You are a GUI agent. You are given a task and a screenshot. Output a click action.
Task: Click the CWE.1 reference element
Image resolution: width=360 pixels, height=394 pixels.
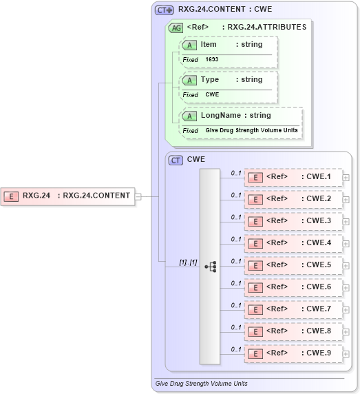pyautogui.click(x=294, y=177)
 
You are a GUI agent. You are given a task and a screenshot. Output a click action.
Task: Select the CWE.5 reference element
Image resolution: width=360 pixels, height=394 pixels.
pyautogui.click(x=294, y=265)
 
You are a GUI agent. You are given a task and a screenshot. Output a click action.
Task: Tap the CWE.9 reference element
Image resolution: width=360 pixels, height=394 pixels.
pyautogui.click(x=294, y=353)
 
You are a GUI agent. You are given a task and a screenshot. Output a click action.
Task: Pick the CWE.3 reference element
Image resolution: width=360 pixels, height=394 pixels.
pyautogui.click(x=294, y=221)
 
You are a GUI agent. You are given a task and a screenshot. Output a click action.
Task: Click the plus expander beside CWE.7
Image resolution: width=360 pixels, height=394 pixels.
pyautogui.click(x=346, y=310)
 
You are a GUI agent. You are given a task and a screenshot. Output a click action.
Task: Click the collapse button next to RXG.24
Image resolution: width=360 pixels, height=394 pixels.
pyautogui.click(x=138, y=196)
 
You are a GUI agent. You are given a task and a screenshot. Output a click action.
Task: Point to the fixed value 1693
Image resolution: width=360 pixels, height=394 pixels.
pyautogui.click(x=211, y=60)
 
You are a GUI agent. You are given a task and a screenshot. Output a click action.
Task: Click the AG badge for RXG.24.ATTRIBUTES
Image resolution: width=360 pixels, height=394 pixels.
pyautogui.click(x=176, y=28)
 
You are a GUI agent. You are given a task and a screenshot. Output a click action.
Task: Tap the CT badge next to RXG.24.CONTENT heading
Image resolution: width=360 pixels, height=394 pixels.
pyautogui.click(x=164, y=10)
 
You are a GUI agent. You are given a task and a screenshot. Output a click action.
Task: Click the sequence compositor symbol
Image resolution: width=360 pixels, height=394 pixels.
pyautogui.click(x=211, y=265)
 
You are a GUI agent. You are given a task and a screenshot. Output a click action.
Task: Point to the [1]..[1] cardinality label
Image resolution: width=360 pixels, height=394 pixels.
pyautogui.click(x=188, y=262)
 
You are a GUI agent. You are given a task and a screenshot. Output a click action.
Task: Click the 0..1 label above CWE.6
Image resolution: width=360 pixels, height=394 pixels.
pyautogui.click(x=236, y=283)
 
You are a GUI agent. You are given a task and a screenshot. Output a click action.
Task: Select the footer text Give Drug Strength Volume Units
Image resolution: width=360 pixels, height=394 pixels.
pyautogui.click(x=202, y=383)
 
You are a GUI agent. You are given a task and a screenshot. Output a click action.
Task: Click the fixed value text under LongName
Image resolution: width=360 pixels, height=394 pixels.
pyautogui.click(x=251, y=130)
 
